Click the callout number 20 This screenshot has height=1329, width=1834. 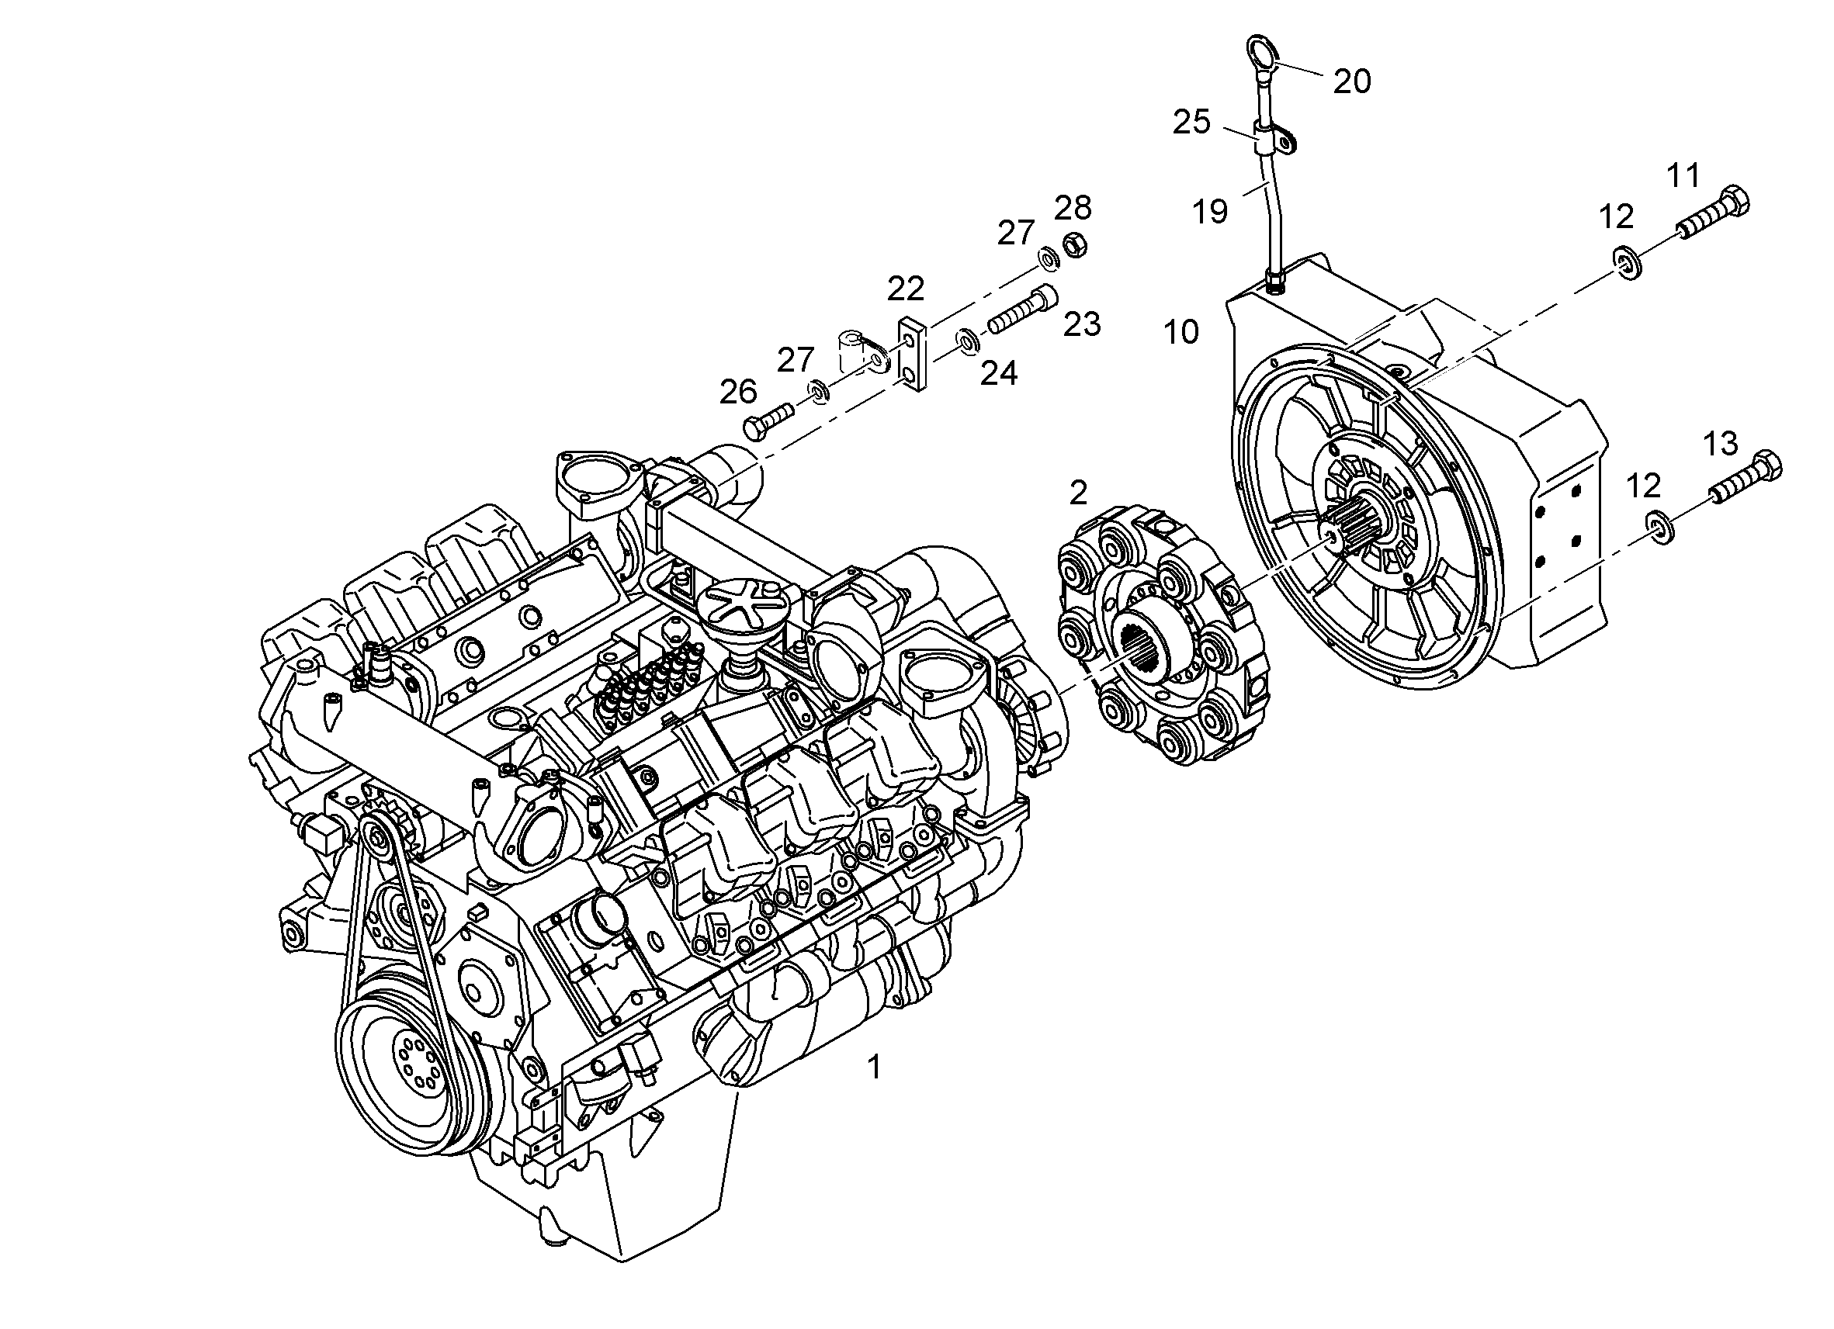tap(1352, 81)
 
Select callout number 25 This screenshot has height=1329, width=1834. tap(1192, 122)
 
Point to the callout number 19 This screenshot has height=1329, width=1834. tap(1211, 212)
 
